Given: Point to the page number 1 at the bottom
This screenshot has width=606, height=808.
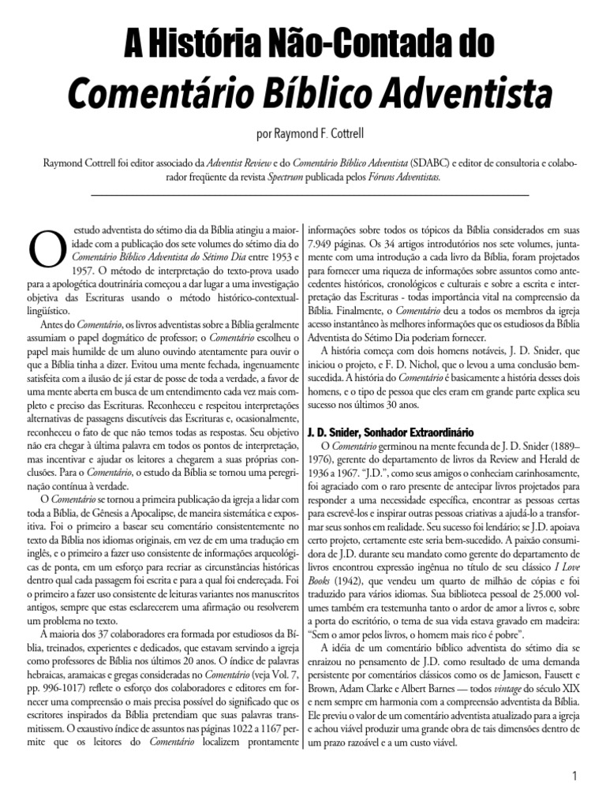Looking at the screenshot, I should (576, 776).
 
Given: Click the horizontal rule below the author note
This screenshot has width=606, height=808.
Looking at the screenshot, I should (310, 195).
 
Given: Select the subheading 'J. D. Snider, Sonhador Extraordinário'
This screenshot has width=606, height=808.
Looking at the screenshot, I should (389, 432).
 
